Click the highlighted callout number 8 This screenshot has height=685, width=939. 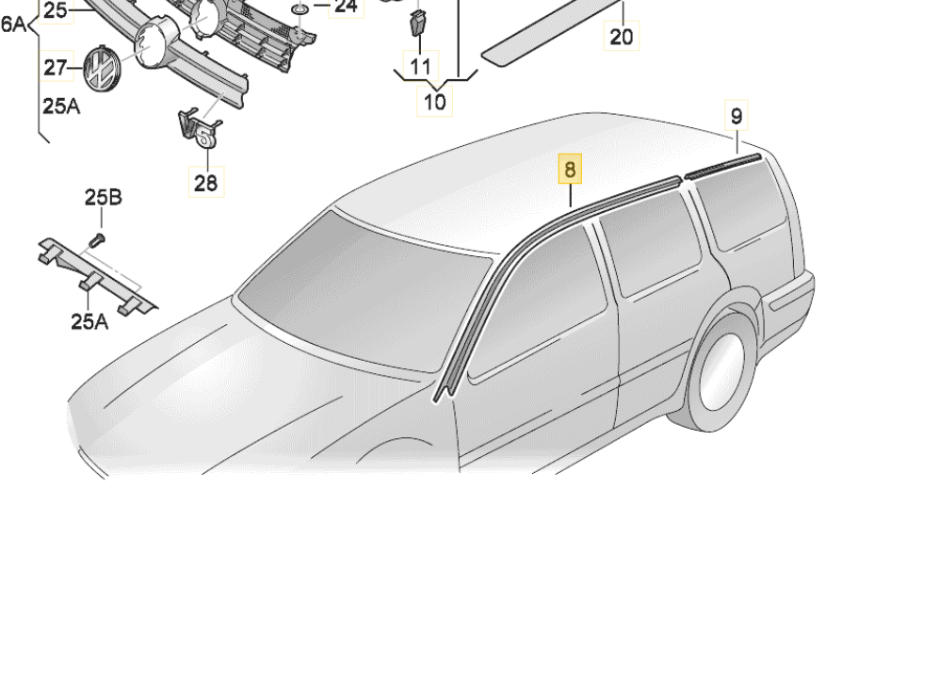(x=570, y=169)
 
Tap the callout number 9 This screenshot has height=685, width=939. (x=737, y=115)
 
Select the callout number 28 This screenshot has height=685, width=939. (x=206, y=182)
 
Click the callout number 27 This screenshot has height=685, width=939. (x=55, y=67)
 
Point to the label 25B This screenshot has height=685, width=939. (x=103, y=197)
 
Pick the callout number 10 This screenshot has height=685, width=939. (x=435, y=101)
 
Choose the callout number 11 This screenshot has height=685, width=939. (x=420, y=65)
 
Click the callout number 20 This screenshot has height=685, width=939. (x=621, y=37)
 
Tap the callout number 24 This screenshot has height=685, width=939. (x=347, y=8)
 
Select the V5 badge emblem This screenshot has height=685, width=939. (x=199, y=130)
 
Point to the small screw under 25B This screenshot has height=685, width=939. (x=97, y=241)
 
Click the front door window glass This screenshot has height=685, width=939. (x=539, y=303)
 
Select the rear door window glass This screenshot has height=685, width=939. (x=650, y=243)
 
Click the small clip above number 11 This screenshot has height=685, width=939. (x=419, y=24)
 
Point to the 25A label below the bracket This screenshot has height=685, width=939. (x=89, y=322)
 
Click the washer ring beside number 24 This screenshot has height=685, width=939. (x=300, y=10)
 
